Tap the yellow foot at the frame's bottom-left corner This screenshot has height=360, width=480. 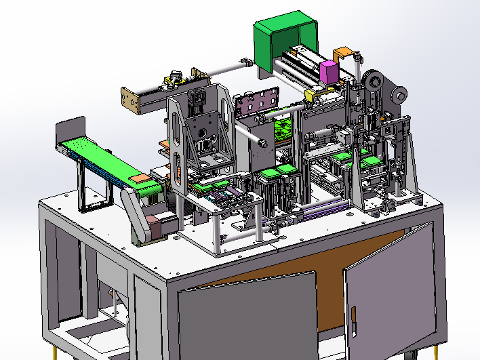pos(55,354)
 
